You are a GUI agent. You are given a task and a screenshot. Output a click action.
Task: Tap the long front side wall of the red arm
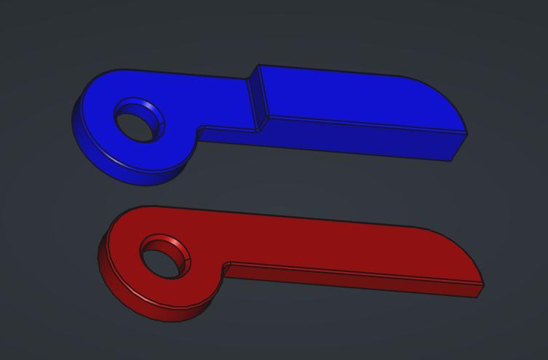point(349,280)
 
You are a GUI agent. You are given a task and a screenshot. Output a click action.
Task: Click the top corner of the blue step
point(257,66)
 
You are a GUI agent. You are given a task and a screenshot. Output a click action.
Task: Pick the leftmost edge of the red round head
point(99,255)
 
